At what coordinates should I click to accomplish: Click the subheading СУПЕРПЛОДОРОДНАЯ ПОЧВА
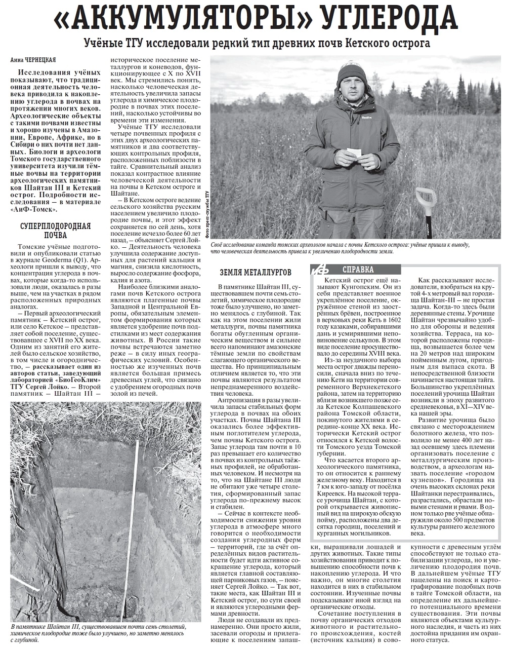pos(55,231)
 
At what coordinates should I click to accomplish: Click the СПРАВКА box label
pos(358,269)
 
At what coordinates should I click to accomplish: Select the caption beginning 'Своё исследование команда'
pos(339,248)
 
